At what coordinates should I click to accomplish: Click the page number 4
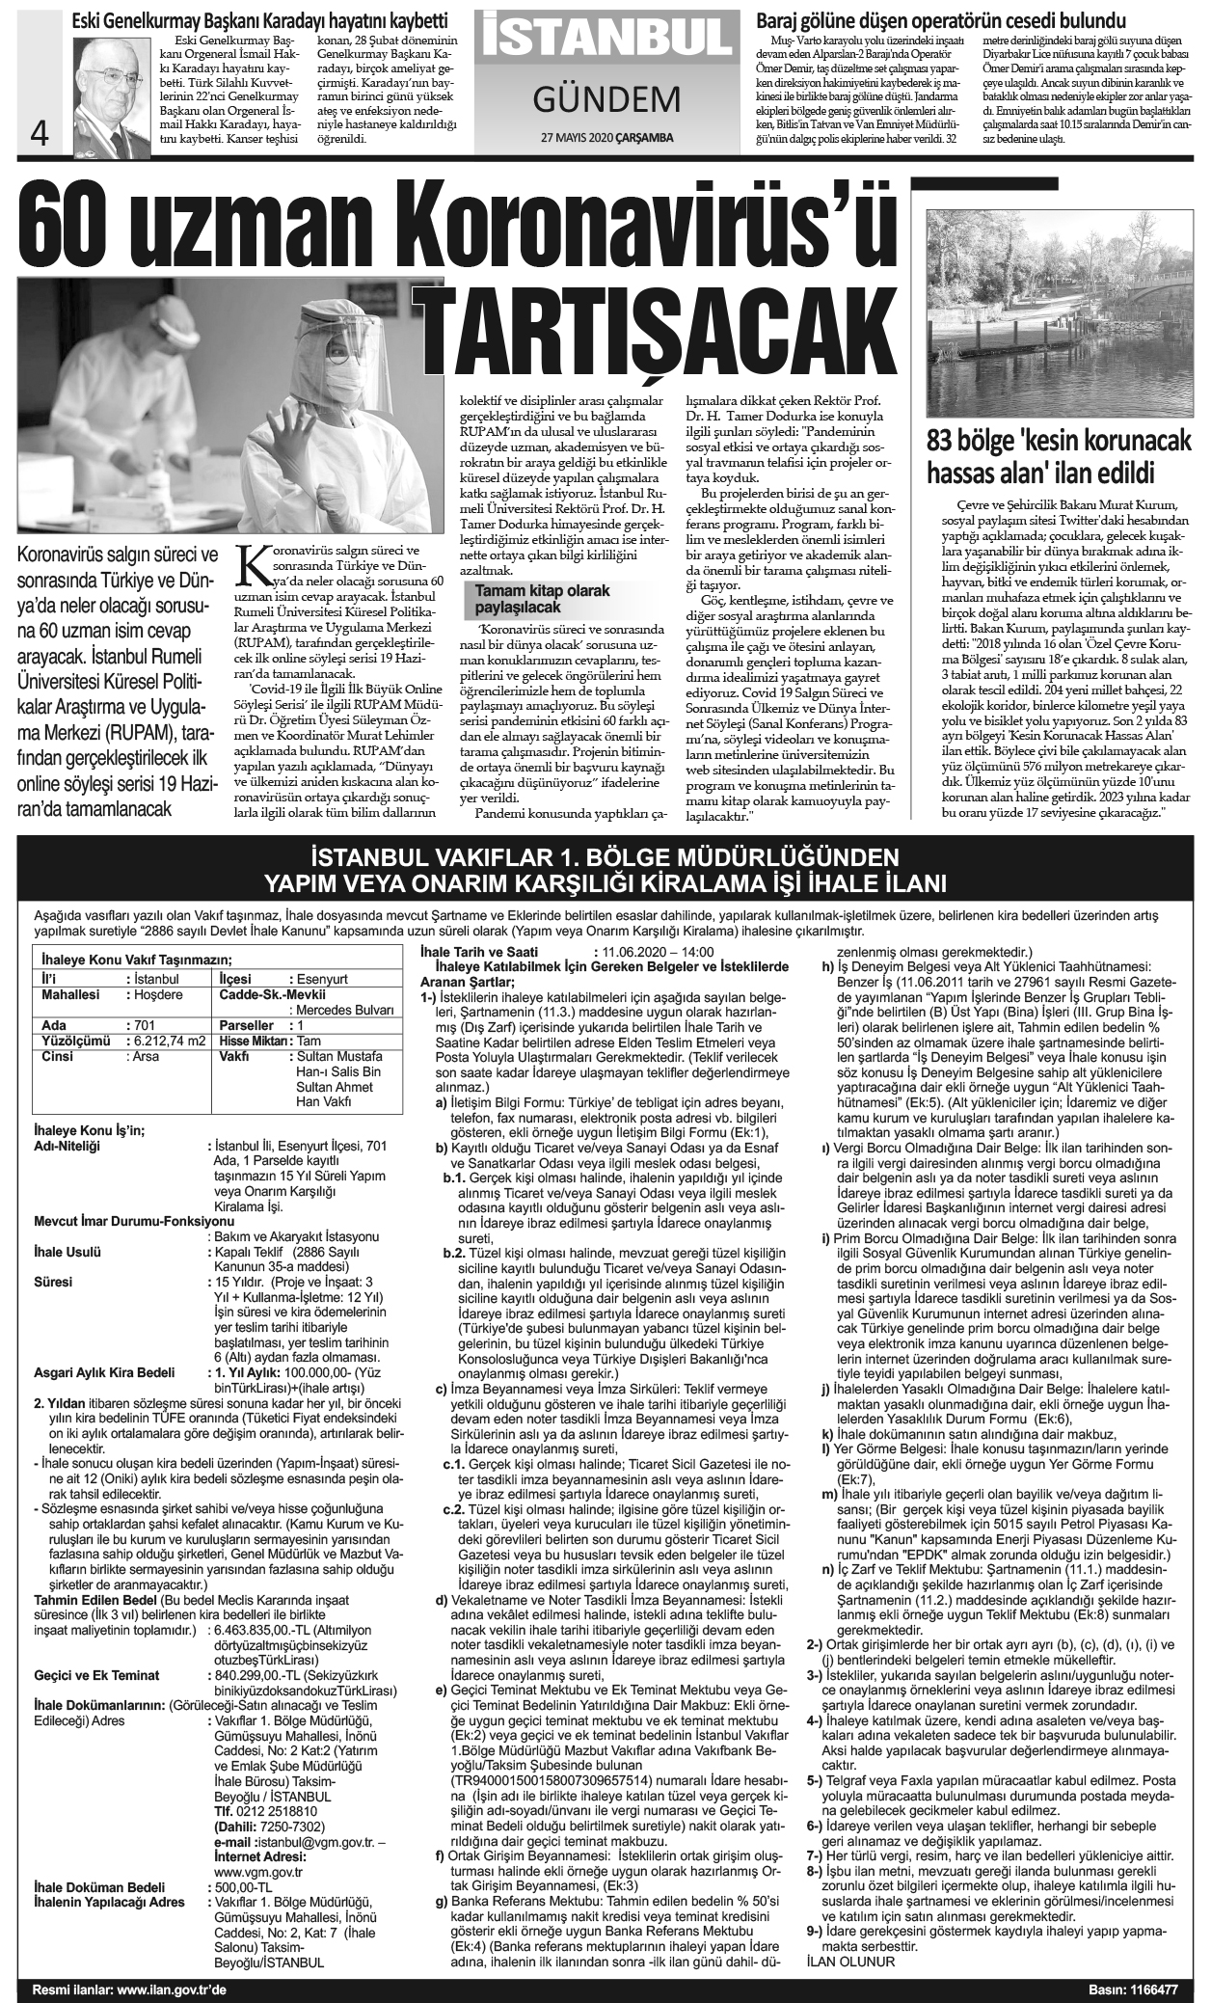pos(40,133)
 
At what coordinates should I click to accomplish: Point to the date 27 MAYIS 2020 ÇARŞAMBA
pos(606,138)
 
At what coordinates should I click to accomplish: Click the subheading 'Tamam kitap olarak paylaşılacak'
pos(542,599)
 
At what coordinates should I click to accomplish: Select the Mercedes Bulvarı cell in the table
pos(342,1010)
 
